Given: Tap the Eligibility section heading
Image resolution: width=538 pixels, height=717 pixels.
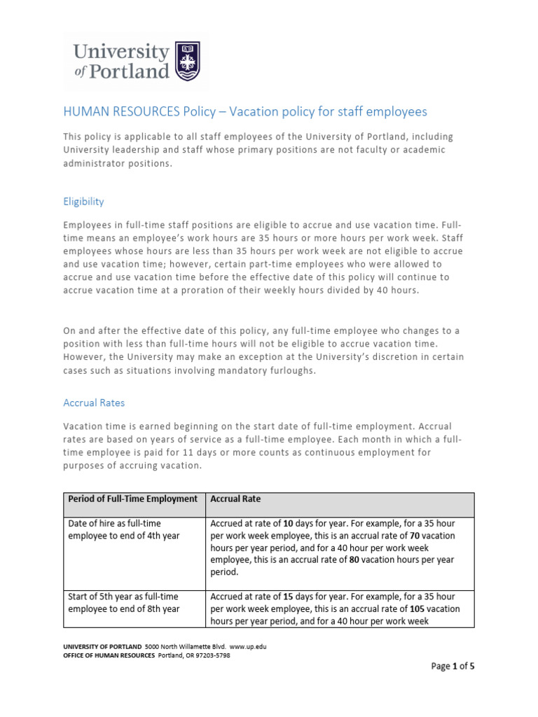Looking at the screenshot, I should [83, 202].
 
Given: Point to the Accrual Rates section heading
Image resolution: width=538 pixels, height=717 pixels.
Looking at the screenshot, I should [94, 403].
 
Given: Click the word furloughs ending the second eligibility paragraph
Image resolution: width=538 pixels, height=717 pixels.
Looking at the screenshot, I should [291, 371].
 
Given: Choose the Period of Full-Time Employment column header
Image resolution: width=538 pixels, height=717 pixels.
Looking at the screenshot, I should [132, 499].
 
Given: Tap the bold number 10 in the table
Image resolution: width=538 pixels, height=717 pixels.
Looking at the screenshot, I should [289, 523].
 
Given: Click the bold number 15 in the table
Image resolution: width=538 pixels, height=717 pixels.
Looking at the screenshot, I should [289, 597].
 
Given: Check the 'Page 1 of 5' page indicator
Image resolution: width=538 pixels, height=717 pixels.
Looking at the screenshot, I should [452, 667].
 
